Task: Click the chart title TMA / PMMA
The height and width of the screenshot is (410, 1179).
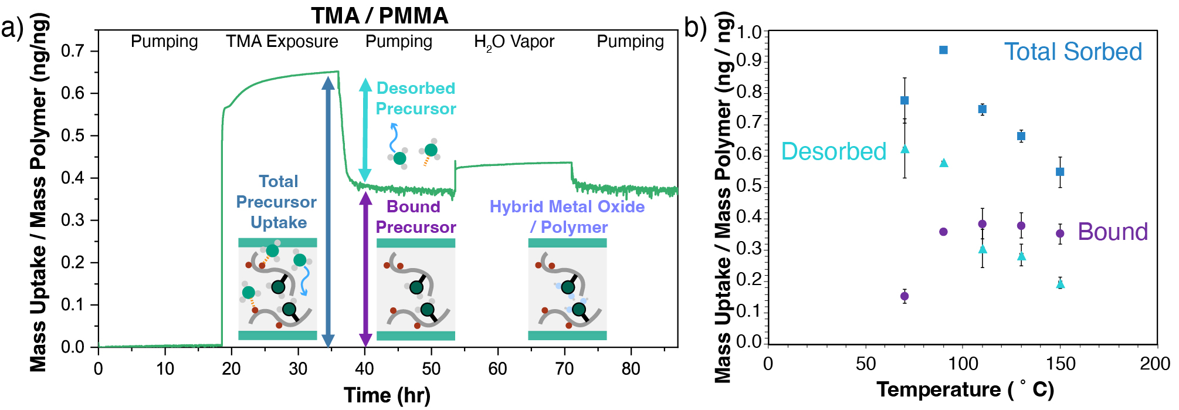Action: coord(380,16)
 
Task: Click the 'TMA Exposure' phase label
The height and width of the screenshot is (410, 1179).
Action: coord(282,42)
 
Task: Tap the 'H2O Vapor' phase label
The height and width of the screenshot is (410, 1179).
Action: coord(514,42)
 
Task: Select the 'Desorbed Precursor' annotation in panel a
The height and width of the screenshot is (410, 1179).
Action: coord(416,99)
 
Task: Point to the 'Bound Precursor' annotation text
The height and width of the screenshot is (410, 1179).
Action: coord(415,217)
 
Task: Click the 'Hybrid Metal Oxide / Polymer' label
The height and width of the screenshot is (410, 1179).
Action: coord(567,217)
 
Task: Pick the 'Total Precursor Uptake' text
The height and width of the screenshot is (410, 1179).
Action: coord(277,202)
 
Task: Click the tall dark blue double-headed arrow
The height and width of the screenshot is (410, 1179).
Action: coord(328,211)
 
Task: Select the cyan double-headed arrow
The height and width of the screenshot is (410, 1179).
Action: coord(365,130)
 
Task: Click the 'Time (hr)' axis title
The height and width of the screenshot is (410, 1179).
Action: coord(387,395)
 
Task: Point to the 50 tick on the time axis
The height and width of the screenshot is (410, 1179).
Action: coord(431,369)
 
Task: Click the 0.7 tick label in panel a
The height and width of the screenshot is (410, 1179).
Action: coord(72,51)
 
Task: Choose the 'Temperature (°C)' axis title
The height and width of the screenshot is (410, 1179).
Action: coord(965,389)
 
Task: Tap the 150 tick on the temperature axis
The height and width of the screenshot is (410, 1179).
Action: coord(1061,364)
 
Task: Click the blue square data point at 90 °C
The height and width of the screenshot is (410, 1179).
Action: coord(943,50)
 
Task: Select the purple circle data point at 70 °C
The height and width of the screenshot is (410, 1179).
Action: coord(904,296)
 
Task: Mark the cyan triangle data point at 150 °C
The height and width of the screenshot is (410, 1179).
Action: coord(1061,284)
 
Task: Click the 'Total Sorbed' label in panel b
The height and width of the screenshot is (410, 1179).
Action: coord(1073,52)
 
